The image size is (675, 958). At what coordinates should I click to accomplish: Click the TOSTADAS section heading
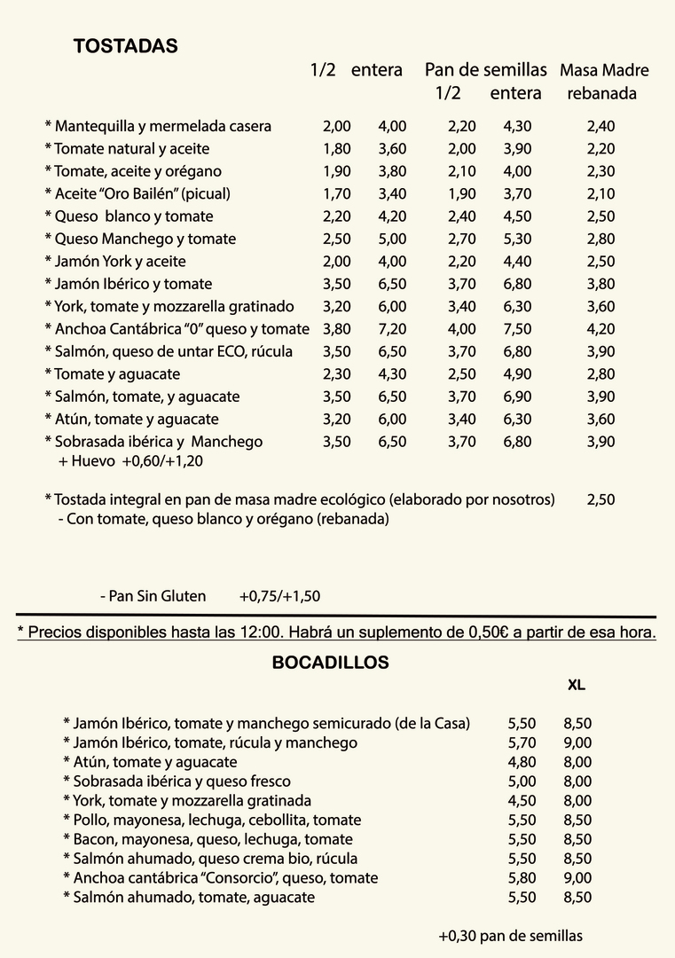(125, 47)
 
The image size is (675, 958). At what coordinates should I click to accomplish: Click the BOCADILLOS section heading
(330, 663)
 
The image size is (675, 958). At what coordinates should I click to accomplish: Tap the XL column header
(577, 686)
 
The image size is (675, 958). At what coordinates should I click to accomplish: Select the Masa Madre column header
(604, 71)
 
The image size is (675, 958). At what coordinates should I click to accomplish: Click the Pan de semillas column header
(485, 70)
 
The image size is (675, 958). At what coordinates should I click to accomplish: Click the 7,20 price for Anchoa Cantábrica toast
(392, 329)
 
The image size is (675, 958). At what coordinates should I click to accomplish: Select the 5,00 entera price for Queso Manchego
(392, 239)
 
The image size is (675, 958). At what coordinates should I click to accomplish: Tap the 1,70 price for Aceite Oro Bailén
(337, 194)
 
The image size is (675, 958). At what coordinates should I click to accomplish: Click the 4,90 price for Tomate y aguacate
(517, 374)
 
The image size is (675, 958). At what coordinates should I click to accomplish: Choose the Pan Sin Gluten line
(153, 597)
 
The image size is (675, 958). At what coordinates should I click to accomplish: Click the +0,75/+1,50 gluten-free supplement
(279, 597)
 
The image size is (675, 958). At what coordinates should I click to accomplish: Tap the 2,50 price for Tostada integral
(600, 500)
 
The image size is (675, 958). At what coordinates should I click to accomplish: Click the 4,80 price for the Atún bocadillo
(522, 762)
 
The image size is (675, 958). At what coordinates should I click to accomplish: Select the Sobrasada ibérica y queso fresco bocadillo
(177, 781)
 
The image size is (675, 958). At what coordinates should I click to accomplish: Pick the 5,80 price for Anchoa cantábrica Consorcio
(522, 878)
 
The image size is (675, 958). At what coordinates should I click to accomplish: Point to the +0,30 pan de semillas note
(510, 936)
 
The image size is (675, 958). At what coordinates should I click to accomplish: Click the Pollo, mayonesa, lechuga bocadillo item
(212, 821)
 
